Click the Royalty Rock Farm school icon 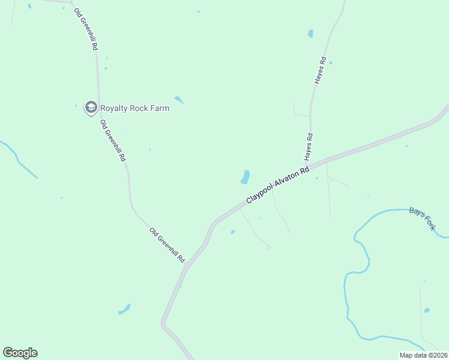(x=91, y=107)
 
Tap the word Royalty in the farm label (x=113, y=109)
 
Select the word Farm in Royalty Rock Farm (x=160, y=109)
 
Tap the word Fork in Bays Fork (x=431, y=223)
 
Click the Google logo (x=20, y=353)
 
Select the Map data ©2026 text (x=423, y=355)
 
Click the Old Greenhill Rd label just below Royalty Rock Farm (x=113, y=141)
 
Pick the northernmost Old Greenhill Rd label (x=86, y=29)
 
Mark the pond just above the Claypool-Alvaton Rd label (x=246, y=177)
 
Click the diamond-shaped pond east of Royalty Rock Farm (x=179, y=100)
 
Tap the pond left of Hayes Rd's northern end (x=310, y=34)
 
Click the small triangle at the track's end (x=268, y=246)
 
